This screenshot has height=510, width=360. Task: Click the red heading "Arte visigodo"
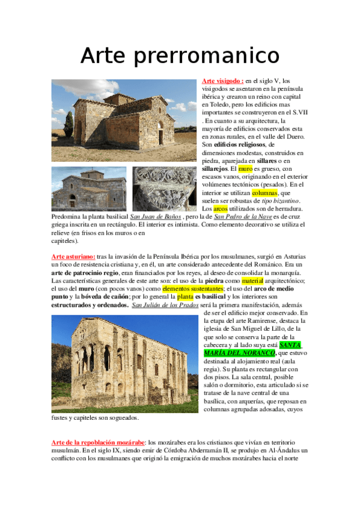coord(222,81)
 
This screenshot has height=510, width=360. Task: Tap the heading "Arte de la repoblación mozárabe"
coord(98,442)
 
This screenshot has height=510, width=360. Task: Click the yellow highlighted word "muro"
coord(246,169)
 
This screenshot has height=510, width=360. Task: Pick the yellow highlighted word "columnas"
coord(264,193)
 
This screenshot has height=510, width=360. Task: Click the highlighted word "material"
coord(253,281)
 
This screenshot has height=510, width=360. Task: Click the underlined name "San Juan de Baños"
coord(156,217)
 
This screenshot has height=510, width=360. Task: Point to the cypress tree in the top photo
coord(69,126)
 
